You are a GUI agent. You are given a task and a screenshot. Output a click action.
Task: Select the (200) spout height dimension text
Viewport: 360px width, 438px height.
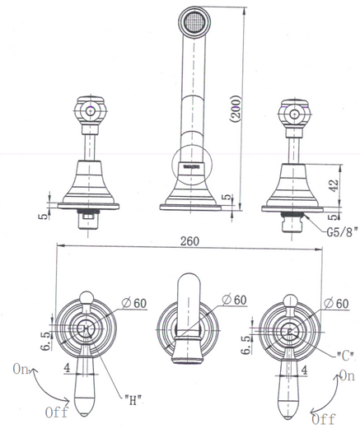click(236, 104)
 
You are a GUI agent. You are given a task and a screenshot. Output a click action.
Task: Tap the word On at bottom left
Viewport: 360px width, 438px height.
click(23, 370)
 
